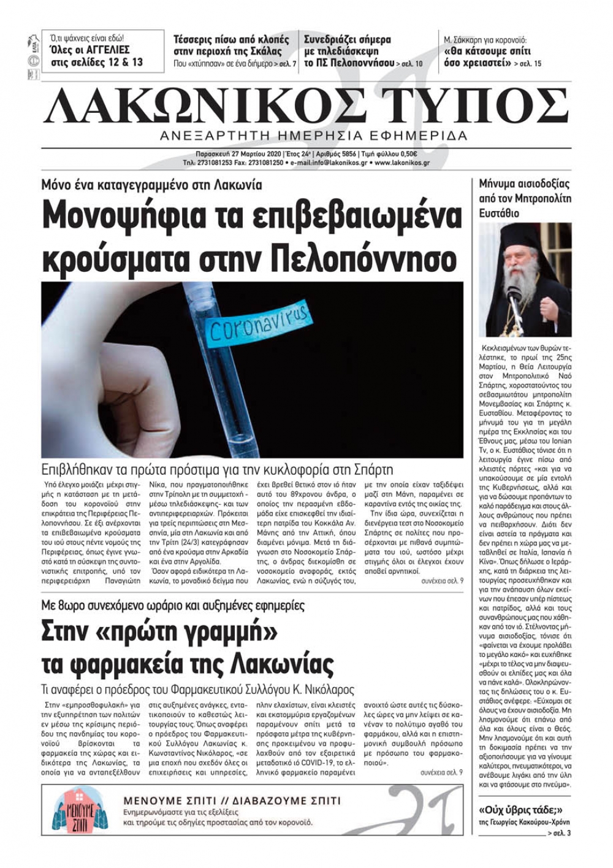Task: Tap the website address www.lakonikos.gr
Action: coord(402,163)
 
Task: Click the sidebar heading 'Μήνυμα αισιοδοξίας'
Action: coord(524,183)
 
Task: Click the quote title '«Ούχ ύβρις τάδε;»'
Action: coord(520,809)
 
